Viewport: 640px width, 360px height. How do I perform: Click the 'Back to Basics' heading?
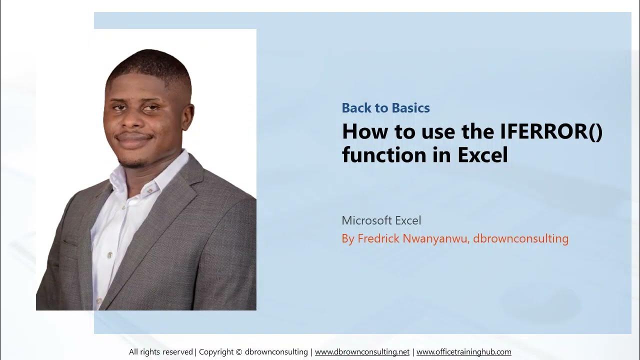pos(385,108)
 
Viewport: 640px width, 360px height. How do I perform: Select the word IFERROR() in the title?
pos(551,131)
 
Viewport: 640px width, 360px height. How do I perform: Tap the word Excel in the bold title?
pos(482,155)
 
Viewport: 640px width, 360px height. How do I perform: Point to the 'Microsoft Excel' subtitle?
pos(381,220)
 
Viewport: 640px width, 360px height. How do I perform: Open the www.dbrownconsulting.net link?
pos(362,352)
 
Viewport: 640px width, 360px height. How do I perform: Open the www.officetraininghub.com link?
pos(463,352)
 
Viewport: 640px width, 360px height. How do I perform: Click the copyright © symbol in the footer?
pos(239,352)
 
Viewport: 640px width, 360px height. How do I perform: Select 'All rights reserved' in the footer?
pos(160,352)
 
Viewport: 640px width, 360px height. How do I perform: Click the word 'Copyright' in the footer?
pos(217,352)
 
